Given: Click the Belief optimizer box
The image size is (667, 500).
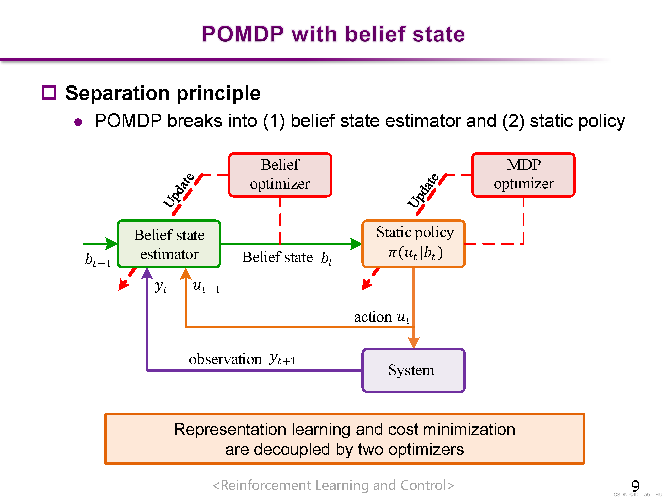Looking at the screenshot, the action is click(x=280, y=175).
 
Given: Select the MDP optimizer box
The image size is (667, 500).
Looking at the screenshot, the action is click(x=523, y=175).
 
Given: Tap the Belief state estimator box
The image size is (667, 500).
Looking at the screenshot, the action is click(x=169, y=244).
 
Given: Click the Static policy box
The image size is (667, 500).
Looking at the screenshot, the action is click(x=414, y=244).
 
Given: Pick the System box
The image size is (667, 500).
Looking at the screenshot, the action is click(x=414, y=370).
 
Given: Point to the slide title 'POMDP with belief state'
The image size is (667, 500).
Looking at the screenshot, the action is click(x=333, y=34).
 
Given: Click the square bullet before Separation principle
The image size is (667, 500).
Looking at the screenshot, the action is click(x=49, y=93).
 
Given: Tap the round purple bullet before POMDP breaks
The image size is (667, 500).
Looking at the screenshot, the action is click(x=78, y=122).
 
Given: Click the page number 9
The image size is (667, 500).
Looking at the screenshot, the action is click(x=635, y=486).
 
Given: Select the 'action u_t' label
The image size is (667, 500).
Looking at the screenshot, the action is click(x=382, y=317).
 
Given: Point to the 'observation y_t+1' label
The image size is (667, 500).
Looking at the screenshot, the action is click(x=242, y=359).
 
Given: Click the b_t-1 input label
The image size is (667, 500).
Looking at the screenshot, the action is click(x=98, y=259).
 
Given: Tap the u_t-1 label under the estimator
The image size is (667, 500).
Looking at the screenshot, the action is click(x=207, y=287).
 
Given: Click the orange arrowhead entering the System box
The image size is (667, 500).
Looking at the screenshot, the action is click(x=414, y=343).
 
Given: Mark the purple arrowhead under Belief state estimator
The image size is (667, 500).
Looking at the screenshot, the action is click(x=147, y=273).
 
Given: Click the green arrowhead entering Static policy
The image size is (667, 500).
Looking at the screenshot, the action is click(x=356, y=244).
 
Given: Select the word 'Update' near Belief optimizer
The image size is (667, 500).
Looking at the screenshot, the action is click(x=179, y=190).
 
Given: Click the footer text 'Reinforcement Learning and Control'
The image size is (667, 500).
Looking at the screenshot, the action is click(x=333, y=485).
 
